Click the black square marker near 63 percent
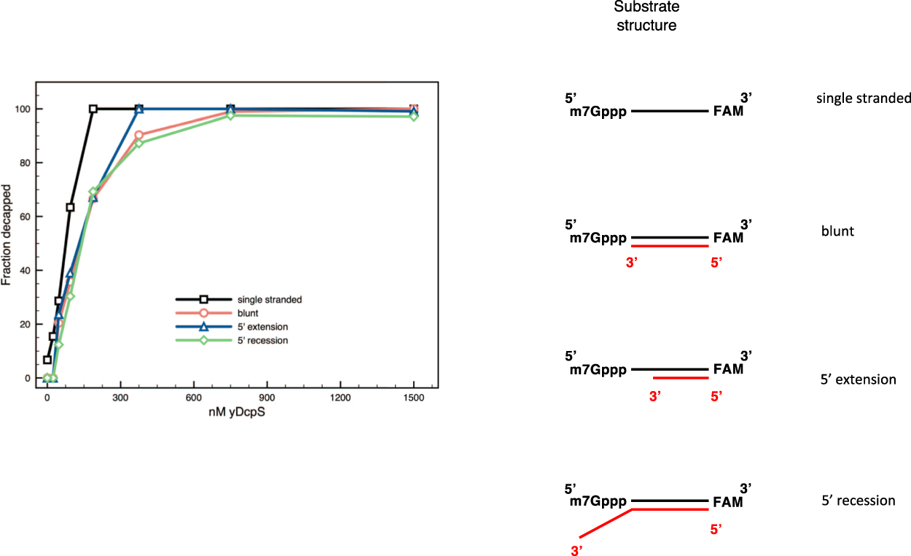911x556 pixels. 70,207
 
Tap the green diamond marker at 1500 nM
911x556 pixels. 413,116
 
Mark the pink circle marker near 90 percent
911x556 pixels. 138,135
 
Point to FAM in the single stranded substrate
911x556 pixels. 728,112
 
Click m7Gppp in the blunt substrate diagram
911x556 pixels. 598,238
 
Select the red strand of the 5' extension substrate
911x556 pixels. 681,378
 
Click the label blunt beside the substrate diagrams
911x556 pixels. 837,231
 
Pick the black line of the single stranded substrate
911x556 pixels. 670,112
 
